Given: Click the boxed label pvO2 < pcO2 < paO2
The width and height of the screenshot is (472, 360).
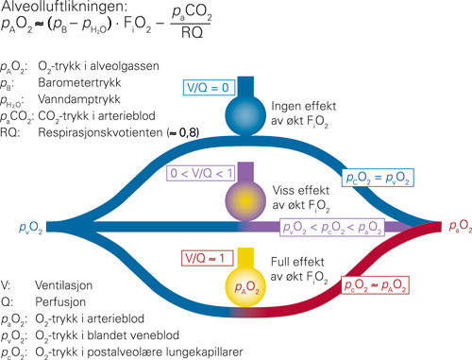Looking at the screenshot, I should [362, 228].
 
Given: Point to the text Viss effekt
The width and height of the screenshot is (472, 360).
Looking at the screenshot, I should [295, 188].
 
